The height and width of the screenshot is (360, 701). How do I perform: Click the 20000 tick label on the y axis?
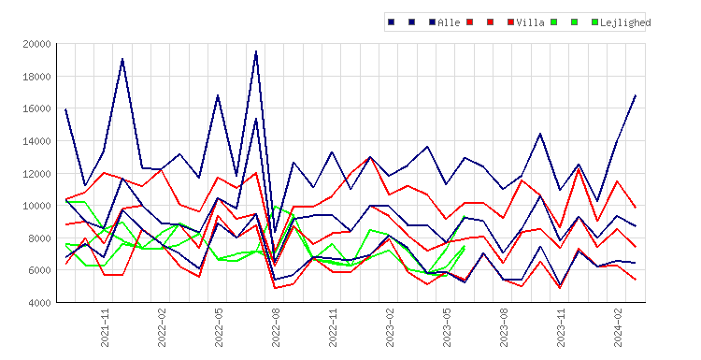click(x=37, y=44)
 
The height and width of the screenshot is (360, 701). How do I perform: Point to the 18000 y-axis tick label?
click(x=37, y=77)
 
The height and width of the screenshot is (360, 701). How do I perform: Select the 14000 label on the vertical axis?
click(x=37, y=141)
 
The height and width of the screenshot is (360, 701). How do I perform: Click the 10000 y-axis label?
click(x=37, y=206)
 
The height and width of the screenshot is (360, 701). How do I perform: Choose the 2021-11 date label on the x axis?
click(x=105, y=327)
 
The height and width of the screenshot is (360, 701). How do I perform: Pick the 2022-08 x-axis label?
click(x=276, y=327)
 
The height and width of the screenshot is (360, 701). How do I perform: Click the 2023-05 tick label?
click(x=447, y=327)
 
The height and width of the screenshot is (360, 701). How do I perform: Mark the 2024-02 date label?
click(x=618, y=327)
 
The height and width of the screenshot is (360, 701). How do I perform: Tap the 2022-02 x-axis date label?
click(x=162, y=327)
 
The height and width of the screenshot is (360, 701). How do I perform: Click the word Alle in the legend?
click(x=449, y=22)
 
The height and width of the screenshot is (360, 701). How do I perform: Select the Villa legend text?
click(x=530, y=22)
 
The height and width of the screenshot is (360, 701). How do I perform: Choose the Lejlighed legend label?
click(x=625, y=22)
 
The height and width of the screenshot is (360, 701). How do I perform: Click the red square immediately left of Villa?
click(x=510, y=22)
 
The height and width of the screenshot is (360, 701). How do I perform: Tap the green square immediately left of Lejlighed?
click(x=594, y=22)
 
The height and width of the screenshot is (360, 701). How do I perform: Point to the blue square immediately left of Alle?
click(x=432, y=22)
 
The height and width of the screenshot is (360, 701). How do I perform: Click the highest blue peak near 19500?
click(x=256, y=51)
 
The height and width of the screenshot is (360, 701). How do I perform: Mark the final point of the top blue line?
click(x=636, y=95)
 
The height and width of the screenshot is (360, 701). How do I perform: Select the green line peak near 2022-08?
click(x=276, y=207)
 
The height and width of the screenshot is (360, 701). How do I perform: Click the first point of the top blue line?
click(x=65, y=109)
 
